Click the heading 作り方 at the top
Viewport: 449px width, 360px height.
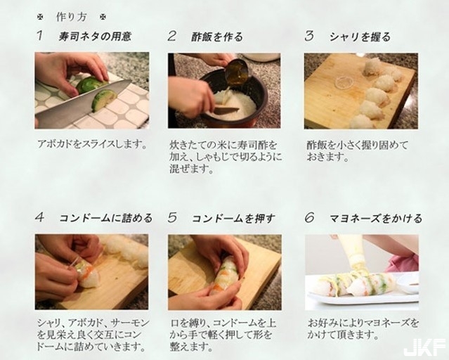point(71,17)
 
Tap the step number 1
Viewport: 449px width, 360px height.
point(40,36)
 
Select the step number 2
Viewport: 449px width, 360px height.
point(171,36)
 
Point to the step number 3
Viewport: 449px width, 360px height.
point(309,36)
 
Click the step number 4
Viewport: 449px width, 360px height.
point(40,217)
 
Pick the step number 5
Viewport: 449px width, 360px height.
point(172,217)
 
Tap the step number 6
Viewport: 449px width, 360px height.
point(309,217)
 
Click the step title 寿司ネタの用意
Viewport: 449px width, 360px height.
point(95,37)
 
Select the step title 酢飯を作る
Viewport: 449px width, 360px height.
point(217,37)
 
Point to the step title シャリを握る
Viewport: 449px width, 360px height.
point(360,37)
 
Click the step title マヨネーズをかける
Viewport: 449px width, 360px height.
point(376,219)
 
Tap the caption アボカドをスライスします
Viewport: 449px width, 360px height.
point(92,144)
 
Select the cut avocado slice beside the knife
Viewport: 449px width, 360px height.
point(104,100)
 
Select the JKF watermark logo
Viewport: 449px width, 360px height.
point(424,347)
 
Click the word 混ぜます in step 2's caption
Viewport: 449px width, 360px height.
point(191,169)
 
